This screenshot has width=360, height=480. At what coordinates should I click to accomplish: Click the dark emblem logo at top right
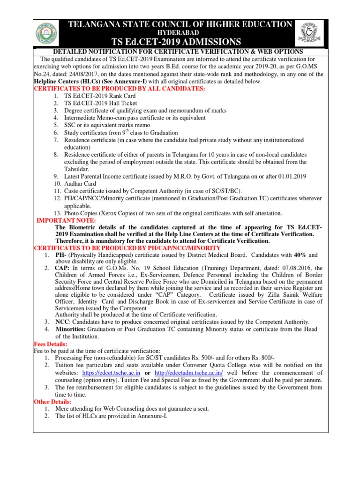point(309,33)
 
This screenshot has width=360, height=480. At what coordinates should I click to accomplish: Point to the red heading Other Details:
point(52,402)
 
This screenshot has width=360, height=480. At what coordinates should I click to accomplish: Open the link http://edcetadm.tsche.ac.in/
point(189,372)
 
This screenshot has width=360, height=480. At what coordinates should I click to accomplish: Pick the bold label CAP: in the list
point(63,268)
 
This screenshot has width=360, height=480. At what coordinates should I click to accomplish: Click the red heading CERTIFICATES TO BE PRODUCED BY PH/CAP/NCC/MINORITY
point(127,247)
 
